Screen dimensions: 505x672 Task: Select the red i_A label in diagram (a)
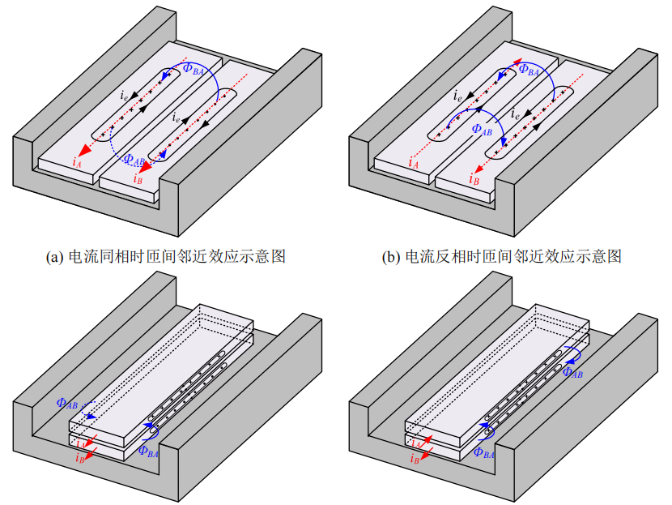(x=77, y=163)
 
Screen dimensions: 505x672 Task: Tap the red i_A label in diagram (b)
(x=413, y=164)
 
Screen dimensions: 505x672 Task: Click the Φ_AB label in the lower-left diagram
(x=68, y=402)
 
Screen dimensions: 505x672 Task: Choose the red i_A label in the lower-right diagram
(x=416, y=444)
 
